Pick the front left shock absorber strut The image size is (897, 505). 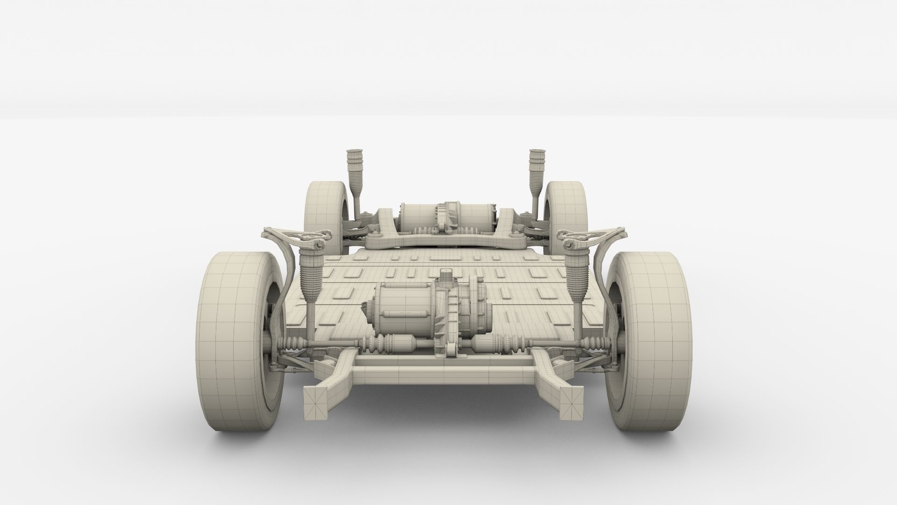pos(308,281)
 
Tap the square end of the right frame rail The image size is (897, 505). pos(572,403)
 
